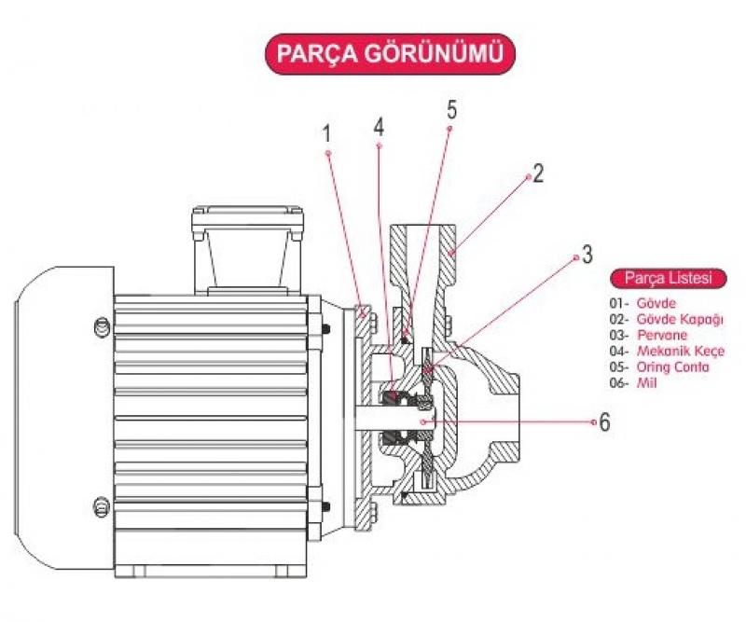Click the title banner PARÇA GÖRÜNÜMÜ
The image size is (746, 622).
tap(389, 54)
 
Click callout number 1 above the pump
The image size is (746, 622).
tap(327, 133)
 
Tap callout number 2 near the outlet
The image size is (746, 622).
tap(537, 173)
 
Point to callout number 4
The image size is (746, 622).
tap(379, 126)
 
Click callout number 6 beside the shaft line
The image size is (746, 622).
tap(605, 422)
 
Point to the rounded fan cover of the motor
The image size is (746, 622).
tap(61, 420)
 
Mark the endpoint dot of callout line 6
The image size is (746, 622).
tap(593, 422)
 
